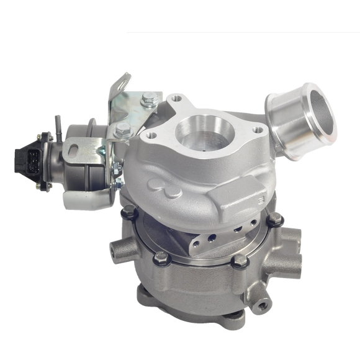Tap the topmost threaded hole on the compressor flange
coord(178,97)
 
